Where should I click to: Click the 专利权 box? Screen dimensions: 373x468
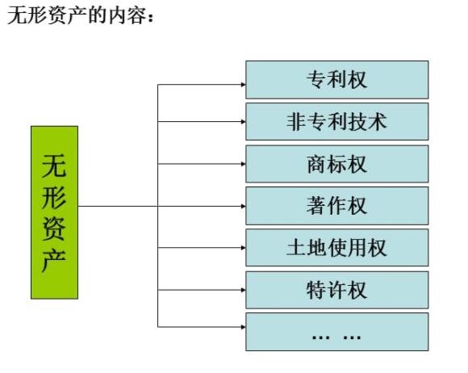pos(337,79)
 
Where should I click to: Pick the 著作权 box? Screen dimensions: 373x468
pos(337,205)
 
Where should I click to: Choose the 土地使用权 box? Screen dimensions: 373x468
pos(337,247)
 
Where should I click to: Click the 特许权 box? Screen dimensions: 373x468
pos(337,289)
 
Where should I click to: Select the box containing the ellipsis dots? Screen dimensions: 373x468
pos(337,331)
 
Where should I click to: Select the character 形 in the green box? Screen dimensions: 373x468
pos(54,198)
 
